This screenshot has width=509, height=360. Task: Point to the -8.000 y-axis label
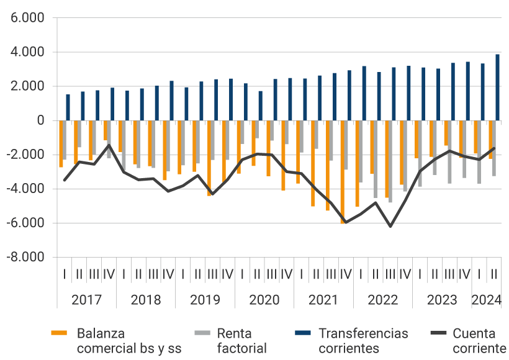[x=27, y=257]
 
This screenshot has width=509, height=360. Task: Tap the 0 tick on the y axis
[x=41, y=120]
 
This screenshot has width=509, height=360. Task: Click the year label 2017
[x=86, y=300]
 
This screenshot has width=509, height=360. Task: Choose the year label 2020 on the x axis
[x=264, y=300]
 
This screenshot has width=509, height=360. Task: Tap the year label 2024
[x=487, y=300]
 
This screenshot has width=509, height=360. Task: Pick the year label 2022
[x=383, y=300]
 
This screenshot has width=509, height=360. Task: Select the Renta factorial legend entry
[x=241, y=341]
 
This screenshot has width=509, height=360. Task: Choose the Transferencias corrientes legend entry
[x=363, y=341]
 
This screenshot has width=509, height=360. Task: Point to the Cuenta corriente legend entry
[x=479, y=341]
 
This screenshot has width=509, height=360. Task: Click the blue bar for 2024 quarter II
[x=497, y=88]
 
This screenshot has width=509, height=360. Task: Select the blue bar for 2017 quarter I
[x=68, y=107]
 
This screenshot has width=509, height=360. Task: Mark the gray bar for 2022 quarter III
[x=390, y=161]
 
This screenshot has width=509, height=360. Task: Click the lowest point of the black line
[x=390, y=227]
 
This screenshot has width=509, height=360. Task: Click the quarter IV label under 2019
[x=227, y=273]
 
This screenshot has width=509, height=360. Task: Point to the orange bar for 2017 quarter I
[x=61, y=143]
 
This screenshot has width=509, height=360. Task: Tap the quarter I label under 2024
[x=479, y=273]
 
